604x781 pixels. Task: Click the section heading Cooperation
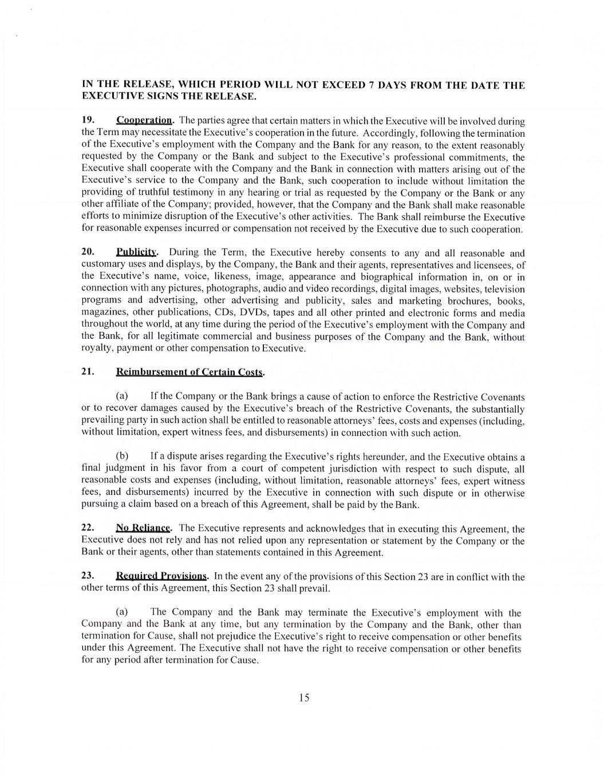(x=144, y=120)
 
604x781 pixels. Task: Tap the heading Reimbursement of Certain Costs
(x=190, y=371)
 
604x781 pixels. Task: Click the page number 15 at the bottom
(x=304, y=697)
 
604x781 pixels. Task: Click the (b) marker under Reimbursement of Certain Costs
(x=122, y=456)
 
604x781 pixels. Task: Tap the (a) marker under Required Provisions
(x=122, y=612)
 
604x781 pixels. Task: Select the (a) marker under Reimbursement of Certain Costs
(x=122, y=396)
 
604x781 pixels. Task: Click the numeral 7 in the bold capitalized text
(x=372, y=85)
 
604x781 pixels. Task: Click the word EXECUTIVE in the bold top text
(x=110, y=96)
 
